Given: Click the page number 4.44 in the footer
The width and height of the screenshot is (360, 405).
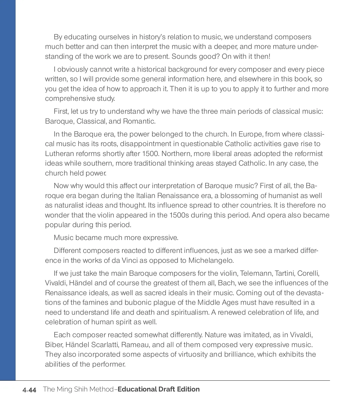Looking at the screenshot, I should coord(29,390).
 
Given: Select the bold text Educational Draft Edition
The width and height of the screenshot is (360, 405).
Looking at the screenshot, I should coord(159,389).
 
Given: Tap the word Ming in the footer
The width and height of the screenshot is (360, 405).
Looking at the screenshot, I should coord(61,389).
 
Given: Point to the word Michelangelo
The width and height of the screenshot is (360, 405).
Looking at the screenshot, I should coord(211,260).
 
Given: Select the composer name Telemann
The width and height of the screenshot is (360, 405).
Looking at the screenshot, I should coord(256,274).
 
